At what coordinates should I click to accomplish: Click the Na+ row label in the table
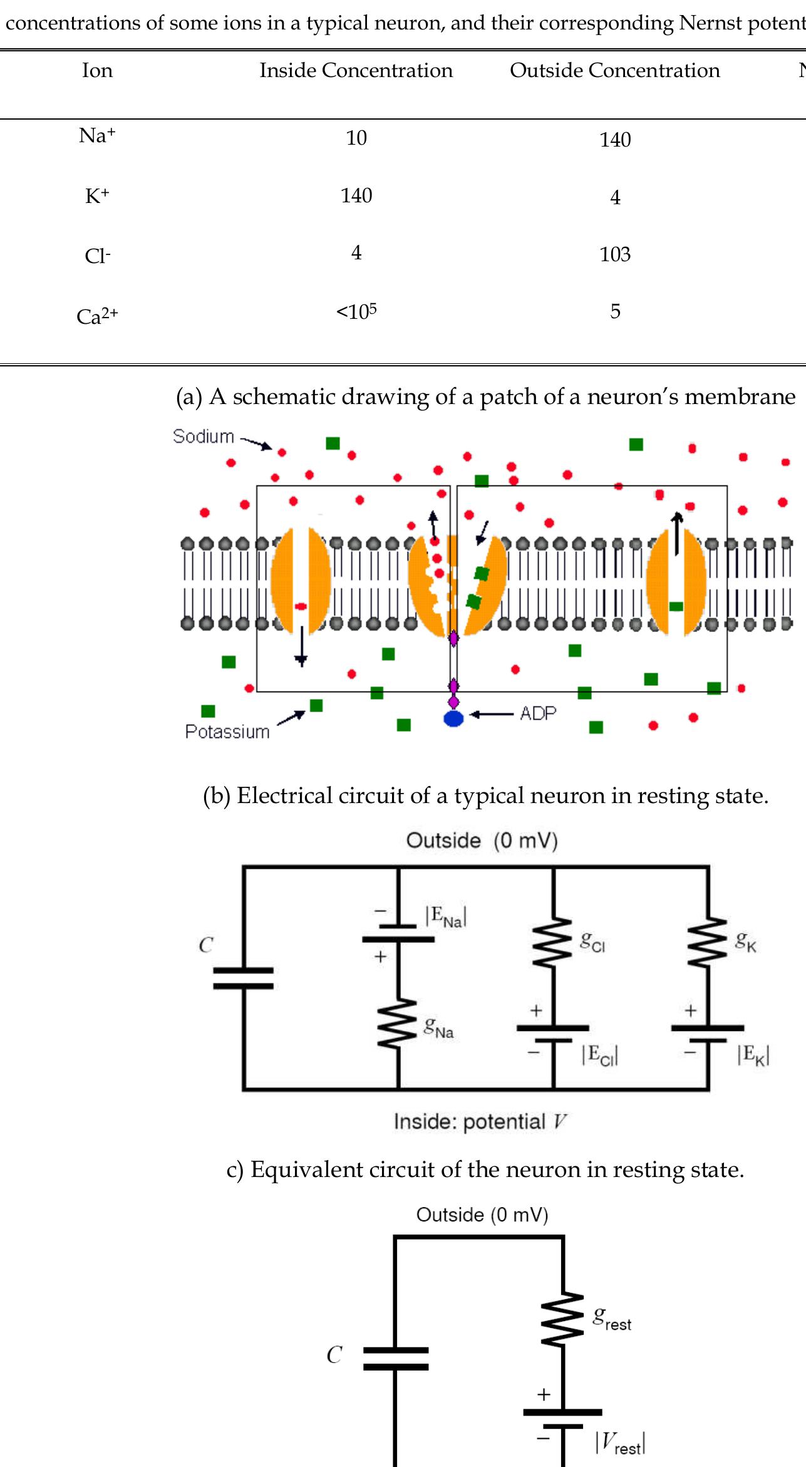97,136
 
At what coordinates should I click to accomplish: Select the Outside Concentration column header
614,70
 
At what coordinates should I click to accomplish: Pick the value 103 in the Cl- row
614,254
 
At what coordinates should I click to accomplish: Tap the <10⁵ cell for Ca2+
356,311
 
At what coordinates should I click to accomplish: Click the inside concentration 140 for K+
356,195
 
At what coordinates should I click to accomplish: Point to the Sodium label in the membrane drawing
203,436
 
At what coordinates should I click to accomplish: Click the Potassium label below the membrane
227,732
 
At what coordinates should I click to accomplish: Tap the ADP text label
537,713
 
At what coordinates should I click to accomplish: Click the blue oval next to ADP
453,718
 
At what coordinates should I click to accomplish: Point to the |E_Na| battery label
445,917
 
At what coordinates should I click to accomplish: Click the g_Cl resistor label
592,941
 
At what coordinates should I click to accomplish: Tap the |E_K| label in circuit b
753,1055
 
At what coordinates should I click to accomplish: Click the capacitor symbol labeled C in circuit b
243,978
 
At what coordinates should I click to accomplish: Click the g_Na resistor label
438,1028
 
